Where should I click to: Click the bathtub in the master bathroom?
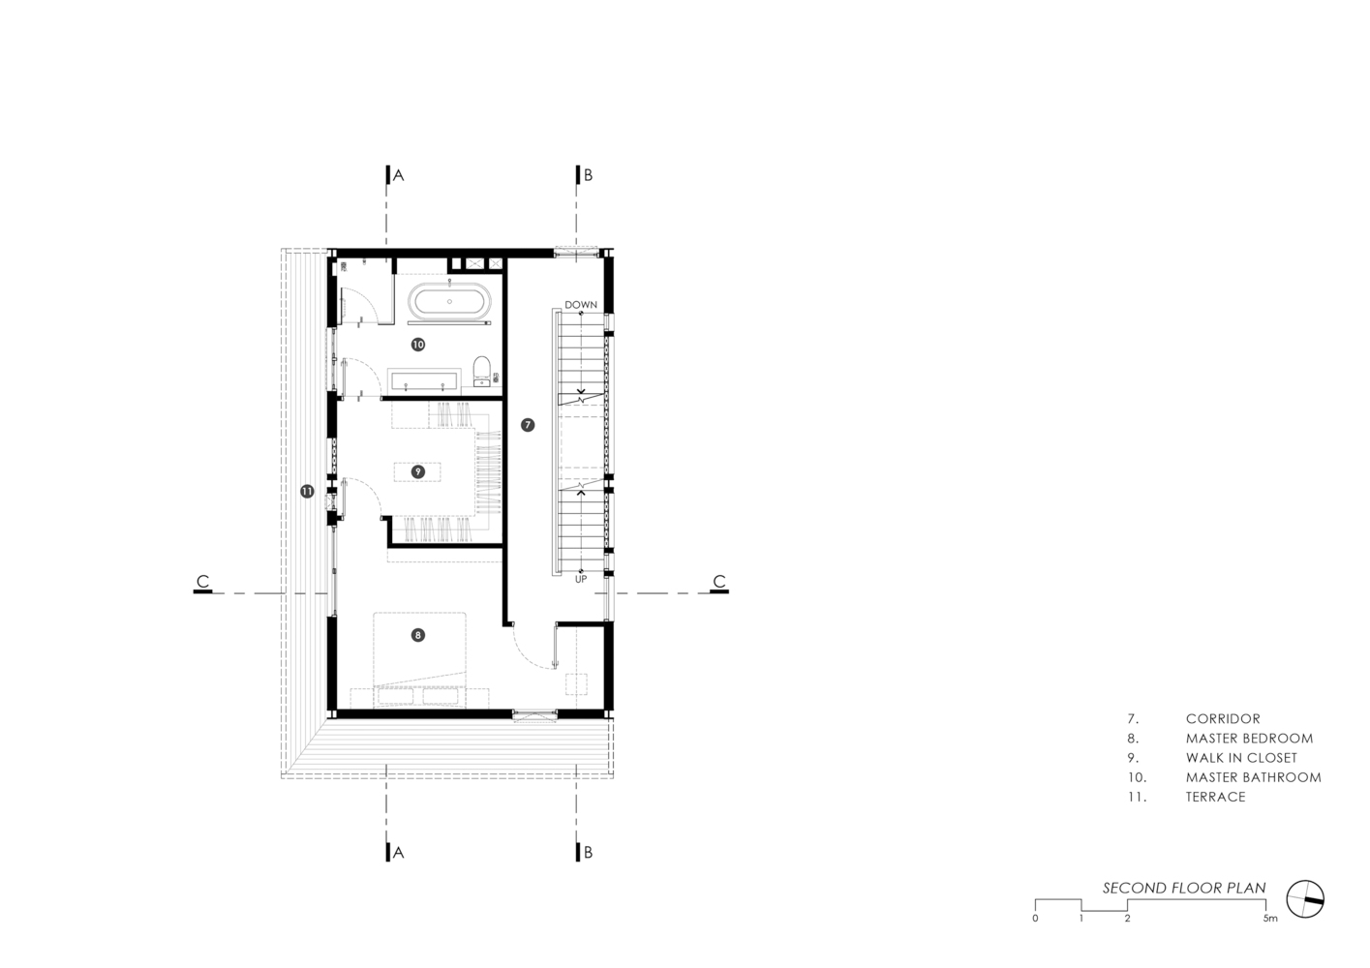coord(449,301)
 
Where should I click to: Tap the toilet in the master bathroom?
coord(482,371)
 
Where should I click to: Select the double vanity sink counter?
coord(424,379)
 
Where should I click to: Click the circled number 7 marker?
coord(528,425)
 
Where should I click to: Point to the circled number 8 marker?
coord(417,635)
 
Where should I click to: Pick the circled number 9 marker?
coord(417,471)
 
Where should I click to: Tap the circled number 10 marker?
coord(417,345)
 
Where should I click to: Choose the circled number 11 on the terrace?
coord(307,491)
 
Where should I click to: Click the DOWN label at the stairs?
coord(581,305)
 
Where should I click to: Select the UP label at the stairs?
coord(581,579)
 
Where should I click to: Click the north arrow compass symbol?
coord(1305,899)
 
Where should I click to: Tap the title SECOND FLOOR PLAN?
coord(1184,888)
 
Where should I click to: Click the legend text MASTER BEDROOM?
coord(1250,739)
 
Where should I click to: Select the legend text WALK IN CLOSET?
coord(1241,758)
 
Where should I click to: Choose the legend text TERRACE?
coord(1216,798)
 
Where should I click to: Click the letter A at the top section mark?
coord(398,175)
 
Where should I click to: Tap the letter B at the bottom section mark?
coord(588,853)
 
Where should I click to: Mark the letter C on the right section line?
coord(719,581)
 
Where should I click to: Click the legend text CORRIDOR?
coord(1223,719)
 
